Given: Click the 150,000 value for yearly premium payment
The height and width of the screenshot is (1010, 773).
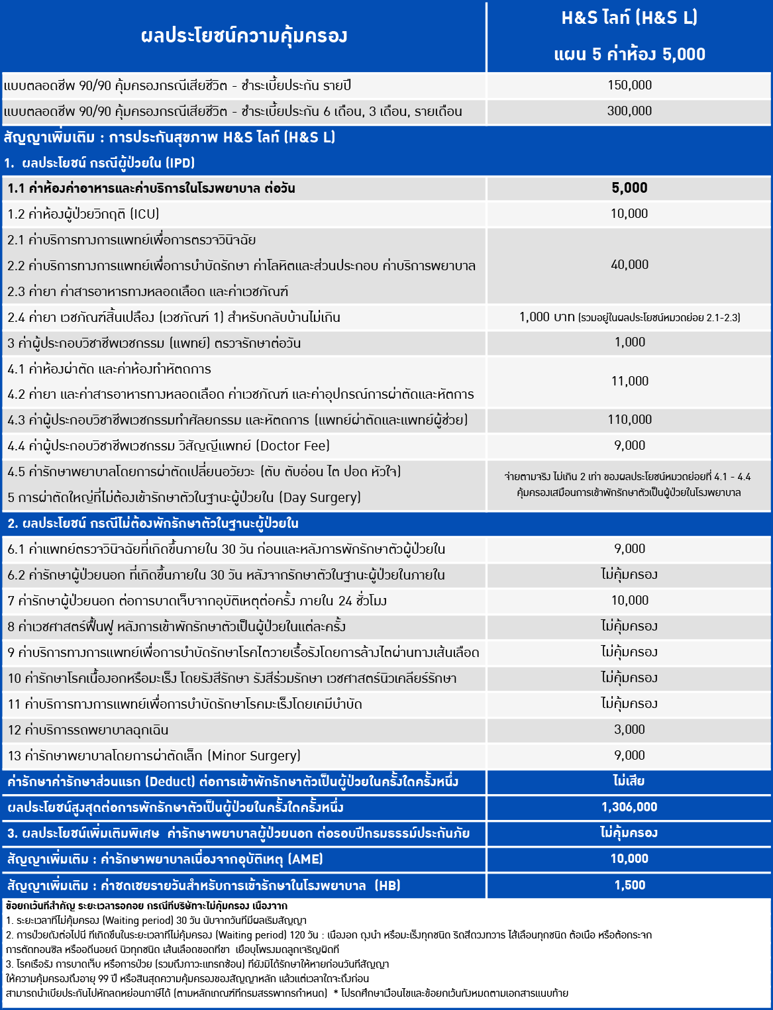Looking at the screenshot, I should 629,85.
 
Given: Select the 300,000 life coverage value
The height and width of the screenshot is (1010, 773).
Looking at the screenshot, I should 629,111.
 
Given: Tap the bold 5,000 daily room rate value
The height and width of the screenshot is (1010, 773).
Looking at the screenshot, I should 629,188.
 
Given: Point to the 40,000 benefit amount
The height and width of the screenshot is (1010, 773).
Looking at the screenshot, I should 629,265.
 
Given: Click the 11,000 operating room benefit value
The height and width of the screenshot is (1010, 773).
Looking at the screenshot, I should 629,381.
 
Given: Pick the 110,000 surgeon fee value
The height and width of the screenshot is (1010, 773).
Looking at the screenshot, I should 629,419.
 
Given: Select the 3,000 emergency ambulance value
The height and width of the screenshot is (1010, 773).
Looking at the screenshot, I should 629,729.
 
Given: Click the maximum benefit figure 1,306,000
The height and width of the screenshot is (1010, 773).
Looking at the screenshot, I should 629,807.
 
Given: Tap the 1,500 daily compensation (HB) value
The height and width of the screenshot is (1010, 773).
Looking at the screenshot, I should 629,885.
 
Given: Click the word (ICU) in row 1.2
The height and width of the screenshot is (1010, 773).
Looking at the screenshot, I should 144,214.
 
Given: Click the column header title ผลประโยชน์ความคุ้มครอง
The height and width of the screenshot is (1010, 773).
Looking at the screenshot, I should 244,36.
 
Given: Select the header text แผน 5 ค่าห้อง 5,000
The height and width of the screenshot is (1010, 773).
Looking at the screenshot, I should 629,54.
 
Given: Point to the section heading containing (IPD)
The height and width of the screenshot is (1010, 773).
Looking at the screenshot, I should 99,163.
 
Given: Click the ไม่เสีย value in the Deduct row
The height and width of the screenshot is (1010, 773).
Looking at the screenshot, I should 629,781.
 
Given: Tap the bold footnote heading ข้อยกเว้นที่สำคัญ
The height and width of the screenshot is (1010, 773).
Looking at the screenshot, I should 40,905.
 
